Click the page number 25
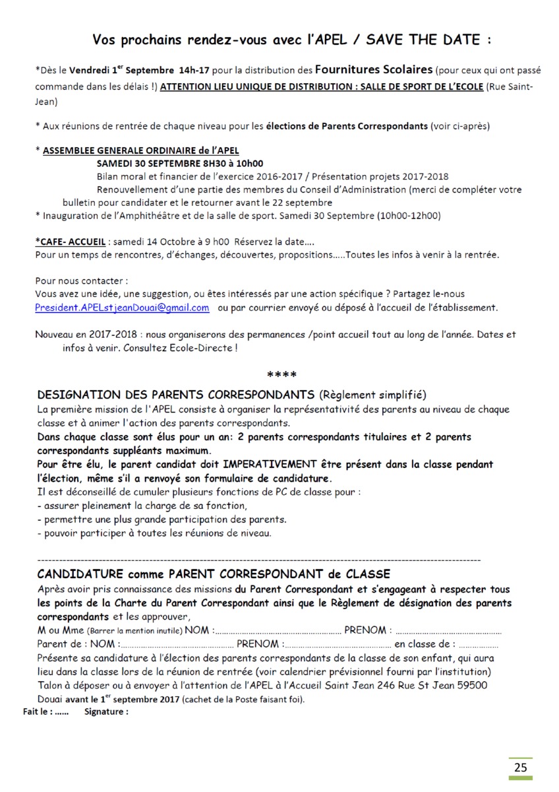[x=521, y=768]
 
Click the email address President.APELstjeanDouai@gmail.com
[x=123, y=308]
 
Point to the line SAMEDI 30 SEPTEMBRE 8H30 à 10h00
[x=179, y=164]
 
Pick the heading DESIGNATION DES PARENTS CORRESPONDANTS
[x=176, y=395]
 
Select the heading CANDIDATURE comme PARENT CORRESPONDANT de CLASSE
[x=214, y=574]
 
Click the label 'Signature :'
[x=106, y=712]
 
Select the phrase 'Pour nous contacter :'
[x=81, y=280]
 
